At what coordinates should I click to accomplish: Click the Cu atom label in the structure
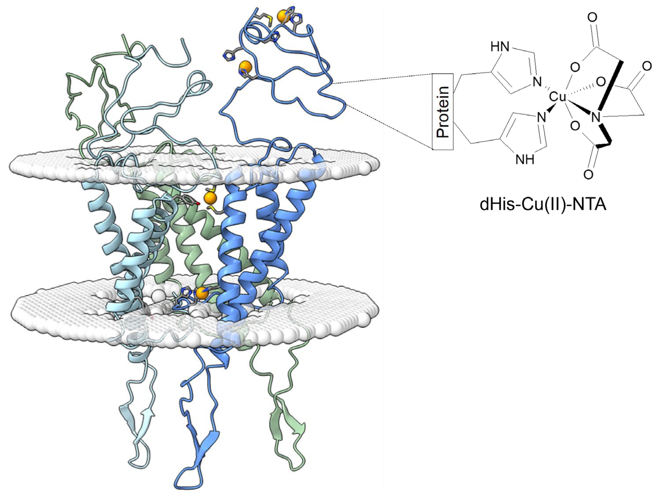click(x=557, y=97)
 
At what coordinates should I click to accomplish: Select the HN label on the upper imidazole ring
click(x=500, y=47)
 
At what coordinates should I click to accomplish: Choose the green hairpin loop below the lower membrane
click(x=285, y=428)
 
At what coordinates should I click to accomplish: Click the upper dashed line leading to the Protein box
click(x=383, y=79)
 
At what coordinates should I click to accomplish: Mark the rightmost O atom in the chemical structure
click(x=647, y=66)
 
